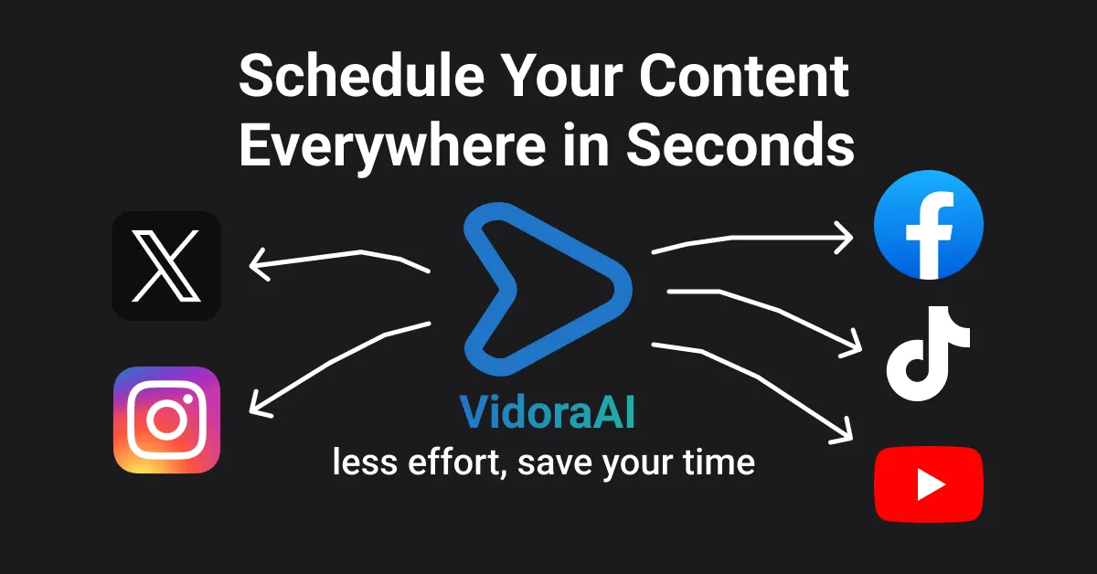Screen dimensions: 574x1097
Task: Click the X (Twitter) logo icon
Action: click(165, 266)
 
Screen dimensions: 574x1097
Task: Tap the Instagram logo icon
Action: click(165, 420)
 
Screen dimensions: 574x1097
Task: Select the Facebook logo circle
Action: click(928, 224)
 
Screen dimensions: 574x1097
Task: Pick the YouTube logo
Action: click(928, 483)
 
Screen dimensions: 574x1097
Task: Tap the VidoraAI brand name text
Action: click(547, 413)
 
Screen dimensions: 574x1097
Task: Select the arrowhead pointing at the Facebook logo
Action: click(846, 239)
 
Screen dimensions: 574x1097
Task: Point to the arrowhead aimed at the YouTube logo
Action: click(846, 433)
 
